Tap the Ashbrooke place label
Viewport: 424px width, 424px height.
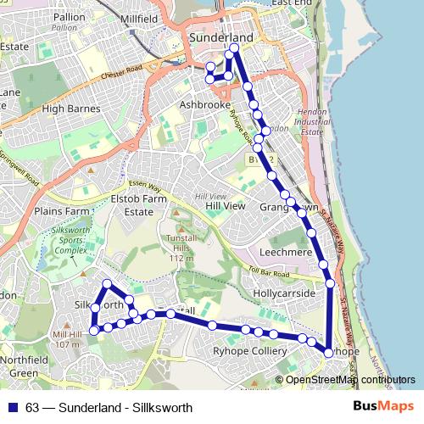click(x=204, y=105)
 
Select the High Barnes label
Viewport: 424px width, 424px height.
click(x=71, y=109)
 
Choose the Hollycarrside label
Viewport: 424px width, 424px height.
click(x=290, y=293)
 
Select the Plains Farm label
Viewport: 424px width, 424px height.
click(x=61, y=210)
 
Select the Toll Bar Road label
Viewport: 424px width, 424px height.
click(x=276, y=274)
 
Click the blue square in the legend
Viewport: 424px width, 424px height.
click(x=13, y=407)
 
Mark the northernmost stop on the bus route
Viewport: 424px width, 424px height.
click(x=235, y=47)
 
